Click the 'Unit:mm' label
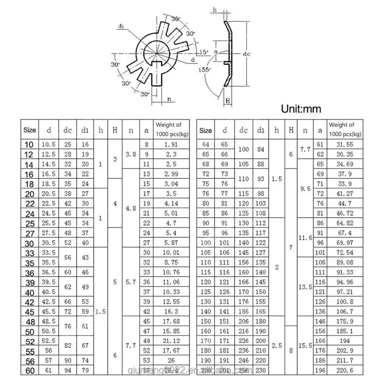(x=301, y=109)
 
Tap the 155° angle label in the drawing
(x=205, y=69)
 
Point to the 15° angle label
(x=204, y=52)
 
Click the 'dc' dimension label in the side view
(x=247, y=54)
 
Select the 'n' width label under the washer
(x=169, y=99)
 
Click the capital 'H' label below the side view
(x=228, y=101)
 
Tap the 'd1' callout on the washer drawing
(x=121, y=26)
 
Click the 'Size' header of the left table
(x=30, y=130)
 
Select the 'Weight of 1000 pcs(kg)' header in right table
(x=345, y=129)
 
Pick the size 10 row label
(x=29, y=144)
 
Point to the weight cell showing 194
(x=345, y=341)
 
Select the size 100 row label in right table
(x=205, y=243)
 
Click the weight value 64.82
(x=345, y=223)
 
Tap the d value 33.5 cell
(x=49, y=253)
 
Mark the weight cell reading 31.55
(x=345, y=144)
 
